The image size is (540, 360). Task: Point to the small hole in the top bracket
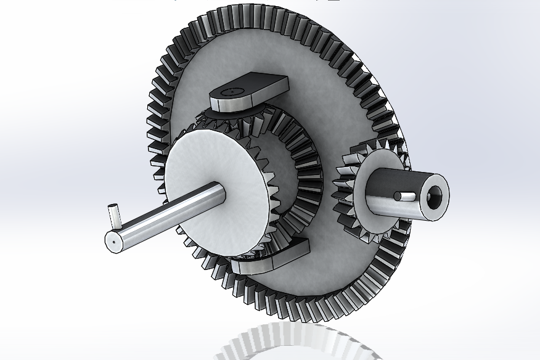click(232, 91)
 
